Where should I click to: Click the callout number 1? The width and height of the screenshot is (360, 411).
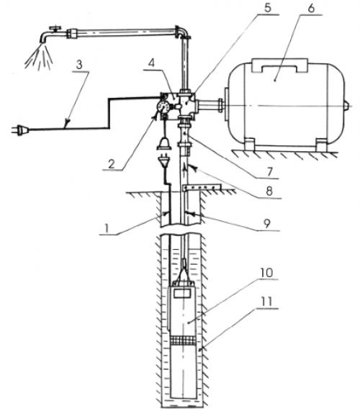pyautogui.click(x=107, y=228)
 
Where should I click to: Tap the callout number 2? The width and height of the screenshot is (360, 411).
pyautogui.click(x=112, y=164)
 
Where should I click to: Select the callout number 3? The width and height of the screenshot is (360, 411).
pyautogui.click(x=79, y=65)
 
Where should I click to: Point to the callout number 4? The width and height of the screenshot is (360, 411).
pyautogui.click(x=152, y=63)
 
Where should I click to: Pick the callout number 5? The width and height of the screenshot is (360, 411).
pyautogui.click(x=267, y=8)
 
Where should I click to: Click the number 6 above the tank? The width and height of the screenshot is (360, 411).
pyautogui.click(x=311, y=8)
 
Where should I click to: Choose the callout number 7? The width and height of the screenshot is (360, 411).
pyautogui.click(x=270, y=172)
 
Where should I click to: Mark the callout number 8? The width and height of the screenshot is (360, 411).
pyautogui.click(x=269, y=191)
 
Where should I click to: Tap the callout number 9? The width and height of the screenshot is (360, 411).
pyautogui.click(x=266, y=224)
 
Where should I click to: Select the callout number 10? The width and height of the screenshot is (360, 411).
pyautogui.click(x=266, y=273)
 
